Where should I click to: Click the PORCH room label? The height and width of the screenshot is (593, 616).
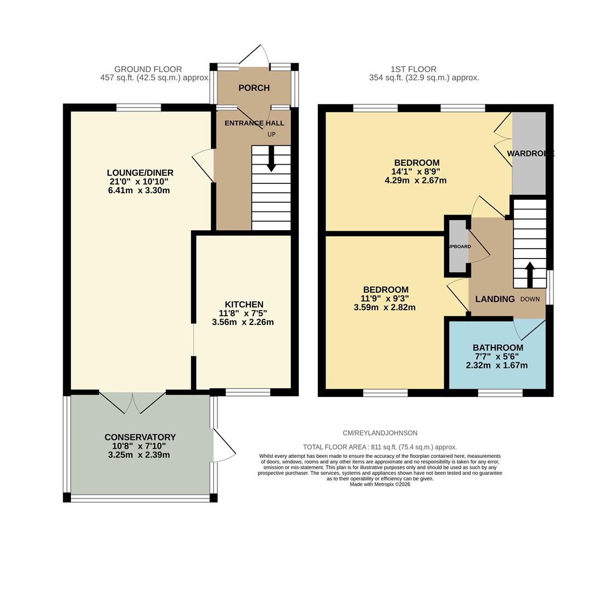click(x=254, y=88)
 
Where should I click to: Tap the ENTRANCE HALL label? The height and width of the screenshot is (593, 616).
click(x=254, y=123)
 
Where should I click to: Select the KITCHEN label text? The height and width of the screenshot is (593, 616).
click(x=244, y=304)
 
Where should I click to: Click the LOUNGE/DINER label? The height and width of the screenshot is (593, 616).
click(x=140, y=173)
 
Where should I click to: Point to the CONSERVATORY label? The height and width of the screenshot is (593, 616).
click(x=140, y=437)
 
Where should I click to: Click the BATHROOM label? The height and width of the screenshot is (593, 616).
click(x=497, y=348)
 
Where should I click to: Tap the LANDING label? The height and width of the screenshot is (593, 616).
click(x=495, y=299)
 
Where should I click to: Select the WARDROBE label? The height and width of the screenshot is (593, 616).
click(x=530, y=154)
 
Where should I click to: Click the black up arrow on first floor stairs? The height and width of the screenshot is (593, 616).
click(x=530, y=274)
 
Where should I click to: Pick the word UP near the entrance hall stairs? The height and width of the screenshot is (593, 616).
click(x=271, y=135)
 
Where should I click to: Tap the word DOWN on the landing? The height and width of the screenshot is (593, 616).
click(x=530, y=299)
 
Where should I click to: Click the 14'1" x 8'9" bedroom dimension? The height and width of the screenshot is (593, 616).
click(x=416, y=171)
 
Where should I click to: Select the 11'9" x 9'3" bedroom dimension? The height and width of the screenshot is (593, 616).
click(x=385, y=299)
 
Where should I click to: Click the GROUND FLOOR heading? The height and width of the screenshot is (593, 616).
click(x=148, y=69)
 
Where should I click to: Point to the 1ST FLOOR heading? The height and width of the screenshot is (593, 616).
click(x=413, y=69)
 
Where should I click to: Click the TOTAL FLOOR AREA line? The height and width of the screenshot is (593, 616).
click(x=380, y=447)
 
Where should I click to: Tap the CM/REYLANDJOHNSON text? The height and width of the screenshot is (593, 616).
click(x=380, y=433)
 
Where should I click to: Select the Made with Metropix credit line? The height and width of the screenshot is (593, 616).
click(x=380, y=484)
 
